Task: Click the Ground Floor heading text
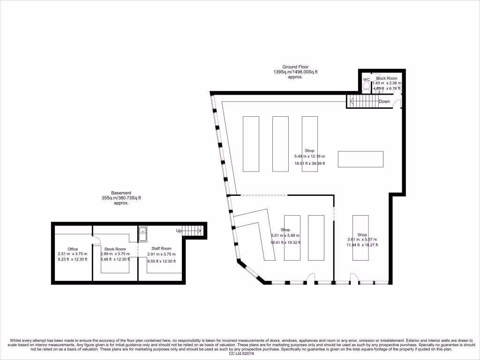pos(295,67)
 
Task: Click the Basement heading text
pos(121,193)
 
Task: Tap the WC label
pos(367,80)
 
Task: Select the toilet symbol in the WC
pos(367,86)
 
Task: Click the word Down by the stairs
pos(384,101)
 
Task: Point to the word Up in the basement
pos(179,231)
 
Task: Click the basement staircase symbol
pos(192,231)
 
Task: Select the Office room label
pos(72,249)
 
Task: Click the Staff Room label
pos(161,248)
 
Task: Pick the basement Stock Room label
pos(115,249)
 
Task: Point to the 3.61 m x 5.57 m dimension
pos(362,240)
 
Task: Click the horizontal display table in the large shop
pos(360,159)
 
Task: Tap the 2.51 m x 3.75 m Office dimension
pos(72,254)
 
